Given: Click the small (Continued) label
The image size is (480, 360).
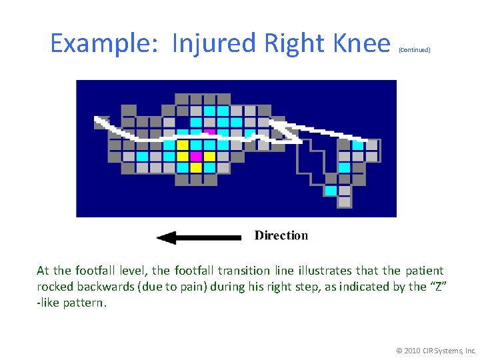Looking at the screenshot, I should point(415,50).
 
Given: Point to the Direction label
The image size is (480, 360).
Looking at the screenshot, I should point(281,235).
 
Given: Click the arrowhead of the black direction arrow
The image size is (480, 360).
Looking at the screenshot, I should point(165,237).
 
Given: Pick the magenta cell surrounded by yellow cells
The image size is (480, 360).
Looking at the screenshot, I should point(196,156).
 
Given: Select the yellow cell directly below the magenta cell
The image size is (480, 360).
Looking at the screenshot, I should point(196,167).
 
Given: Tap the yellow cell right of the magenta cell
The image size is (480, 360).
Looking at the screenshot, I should point(209,156).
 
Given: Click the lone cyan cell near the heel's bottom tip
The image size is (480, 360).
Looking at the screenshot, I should point(331,191).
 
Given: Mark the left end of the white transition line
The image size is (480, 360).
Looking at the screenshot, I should point(99,120).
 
